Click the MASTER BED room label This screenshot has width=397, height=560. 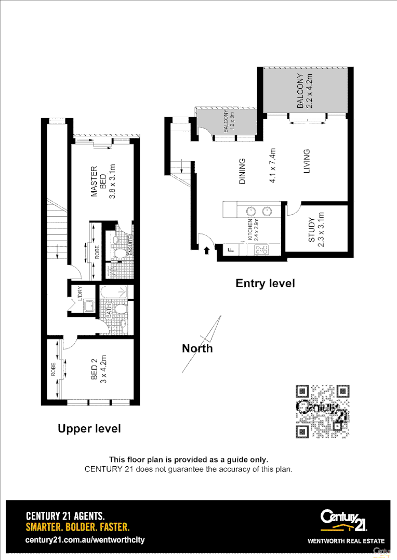(x=99, y=181)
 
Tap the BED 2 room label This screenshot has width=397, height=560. (x=95, y=370)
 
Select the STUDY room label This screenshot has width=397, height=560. (x=312, y=230)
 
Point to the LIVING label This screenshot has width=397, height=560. (x=307, y=161)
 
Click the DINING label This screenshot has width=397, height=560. (x=242, y=171)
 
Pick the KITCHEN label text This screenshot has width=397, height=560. (x=250, y=229)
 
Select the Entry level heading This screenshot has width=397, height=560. (x=265, y=284)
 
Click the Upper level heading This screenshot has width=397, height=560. (x=89, y=429)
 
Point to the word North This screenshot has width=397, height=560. (x=197, y=348)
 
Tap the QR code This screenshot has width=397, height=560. (x=322, y=411)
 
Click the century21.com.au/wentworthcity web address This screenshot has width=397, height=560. (x=85, y=540)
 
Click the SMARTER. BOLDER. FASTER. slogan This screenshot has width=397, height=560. (x=77, y=527)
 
